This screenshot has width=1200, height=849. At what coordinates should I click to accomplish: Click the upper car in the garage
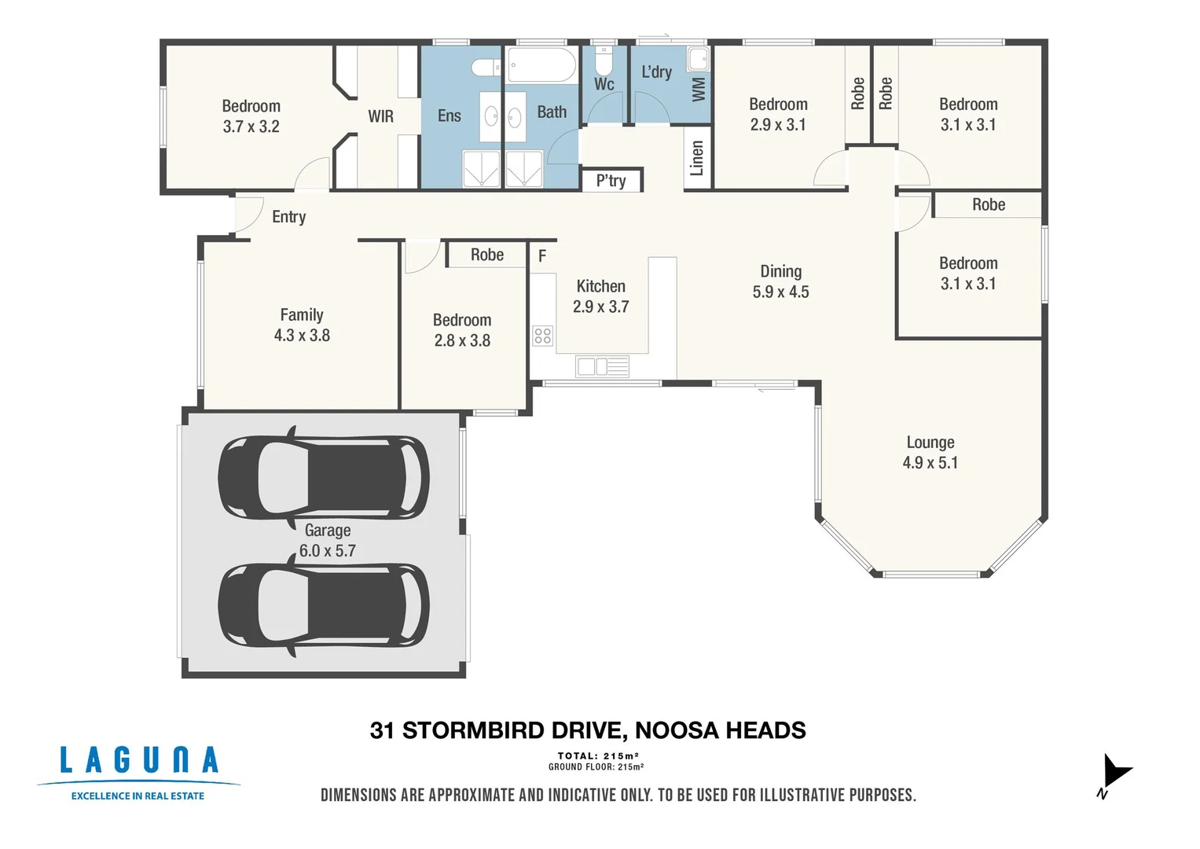(324, 477)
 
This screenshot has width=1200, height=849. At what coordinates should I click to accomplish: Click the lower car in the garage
(324, 606)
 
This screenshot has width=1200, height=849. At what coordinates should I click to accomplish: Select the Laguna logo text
(139, 760)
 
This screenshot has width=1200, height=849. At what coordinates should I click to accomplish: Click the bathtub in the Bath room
(541, 64)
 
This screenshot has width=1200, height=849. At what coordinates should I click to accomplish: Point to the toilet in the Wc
(604, 61)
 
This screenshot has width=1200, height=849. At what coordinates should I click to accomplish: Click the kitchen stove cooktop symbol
(542, 336)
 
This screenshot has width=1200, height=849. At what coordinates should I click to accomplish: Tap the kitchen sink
(602, 366)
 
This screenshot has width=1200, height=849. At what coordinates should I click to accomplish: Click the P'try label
(611, 181)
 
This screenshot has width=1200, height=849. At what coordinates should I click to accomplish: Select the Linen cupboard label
(696, 158)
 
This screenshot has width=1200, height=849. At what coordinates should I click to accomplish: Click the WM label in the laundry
(699, 89)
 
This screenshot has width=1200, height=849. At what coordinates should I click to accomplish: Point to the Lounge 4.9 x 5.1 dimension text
(930, 462)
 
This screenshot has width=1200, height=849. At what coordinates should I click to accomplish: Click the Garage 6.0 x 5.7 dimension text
(327, 550)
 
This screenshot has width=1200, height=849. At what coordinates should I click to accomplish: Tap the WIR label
(380, 116)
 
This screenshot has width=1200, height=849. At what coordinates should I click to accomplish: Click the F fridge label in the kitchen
(542, 256)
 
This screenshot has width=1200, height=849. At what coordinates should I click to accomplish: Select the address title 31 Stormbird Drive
(587, 730)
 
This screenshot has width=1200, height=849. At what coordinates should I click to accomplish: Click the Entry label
(288, 217)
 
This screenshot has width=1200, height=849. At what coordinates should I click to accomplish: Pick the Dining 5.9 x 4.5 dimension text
(780, 292)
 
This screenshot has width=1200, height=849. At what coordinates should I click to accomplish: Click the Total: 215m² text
(598, 755)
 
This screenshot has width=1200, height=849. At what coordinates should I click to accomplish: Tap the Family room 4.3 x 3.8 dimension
(302, 335)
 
